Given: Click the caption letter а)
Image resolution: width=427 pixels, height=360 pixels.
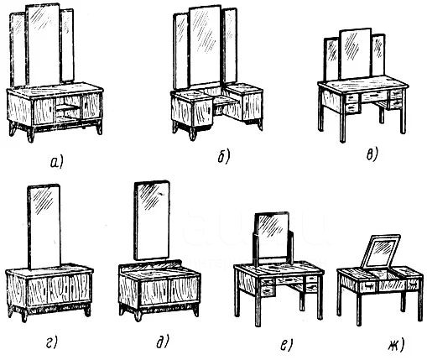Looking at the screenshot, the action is [57, 163].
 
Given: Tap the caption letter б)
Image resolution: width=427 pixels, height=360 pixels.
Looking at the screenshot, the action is [224, 157].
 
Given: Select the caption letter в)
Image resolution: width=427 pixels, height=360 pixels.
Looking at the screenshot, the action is [372, 154].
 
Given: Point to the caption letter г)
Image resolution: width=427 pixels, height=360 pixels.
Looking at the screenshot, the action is [51, 342].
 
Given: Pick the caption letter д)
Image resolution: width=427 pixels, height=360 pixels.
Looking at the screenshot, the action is [163, 342].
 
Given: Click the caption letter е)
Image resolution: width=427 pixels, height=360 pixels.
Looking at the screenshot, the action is [286, 345].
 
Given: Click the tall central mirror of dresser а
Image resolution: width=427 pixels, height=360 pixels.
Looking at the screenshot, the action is [43, 44].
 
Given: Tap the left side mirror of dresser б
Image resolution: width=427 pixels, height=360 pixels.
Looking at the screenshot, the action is [180, 52].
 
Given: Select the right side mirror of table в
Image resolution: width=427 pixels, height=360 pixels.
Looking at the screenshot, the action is [378, 55].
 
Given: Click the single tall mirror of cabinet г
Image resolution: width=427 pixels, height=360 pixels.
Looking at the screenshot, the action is [44, 227].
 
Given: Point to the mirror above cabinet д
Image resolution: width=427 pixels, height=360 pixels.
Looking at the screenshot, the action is [152, 221].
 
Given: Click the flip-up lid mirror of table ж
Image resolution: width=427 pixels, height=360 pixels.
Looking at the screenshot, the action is [381, 251].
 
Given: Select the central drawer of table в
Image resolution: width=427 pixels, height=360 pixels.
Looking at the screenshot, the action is [374, 97].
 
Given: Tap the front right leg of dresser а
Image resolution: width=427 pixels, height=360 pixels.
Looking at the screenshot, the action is [99, 128].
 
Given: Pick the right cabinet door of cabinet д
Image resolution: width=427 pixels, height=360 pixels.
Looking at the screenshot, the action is [185, 290].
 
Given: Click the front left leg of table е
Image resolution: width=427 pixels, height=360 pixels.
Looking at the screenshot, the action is [258, 310].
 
